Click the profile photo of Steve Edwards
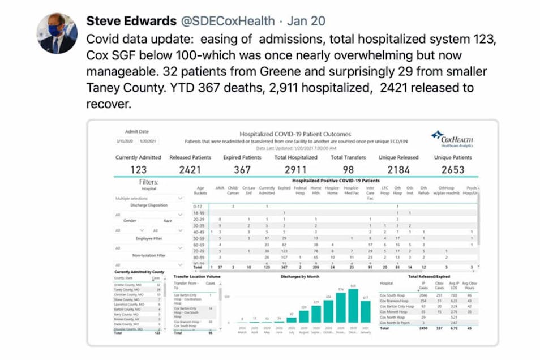(x=57, y=33)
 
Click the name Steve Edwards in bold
(x=131, y=22)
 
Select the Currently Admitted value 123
(x=138, y=169)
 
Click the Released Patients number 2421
(x=190, y=169)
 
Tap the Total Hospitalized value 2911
(x=295, y=169)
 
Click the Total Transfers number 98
(x=348, y=169)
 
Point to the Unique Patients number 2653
(x=452, y=169)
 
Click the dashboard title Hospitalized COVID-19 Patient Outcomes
(x=295, y=134)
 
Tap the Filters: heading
(x=148, y=182)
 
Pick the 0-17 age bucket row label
(x=197, y=206)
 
